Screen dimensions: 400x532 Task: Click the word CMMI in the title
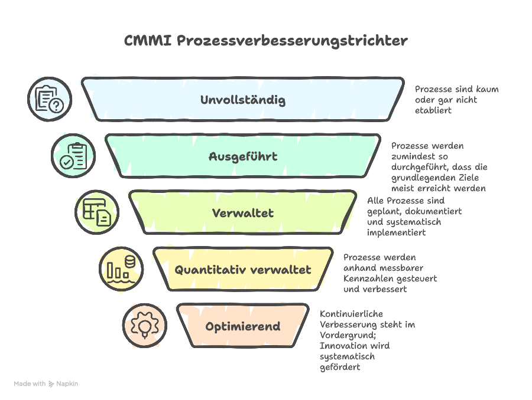(x=148, y=41)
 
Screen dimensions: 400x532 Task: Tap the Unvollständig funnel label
(x=243, y=100)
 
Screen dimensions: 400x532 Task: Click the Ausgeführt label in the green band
(x=243, y=156)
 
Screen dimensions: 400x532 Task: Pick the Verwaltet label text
(x=243, y=213)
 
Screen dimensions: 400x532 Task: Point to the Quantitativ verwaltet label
(x=243, y=270)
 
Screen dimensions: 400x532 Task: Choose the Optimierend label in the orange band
(x=243, y=326)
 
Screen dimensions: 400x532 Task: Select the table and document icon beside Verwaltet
(x=97, y=212)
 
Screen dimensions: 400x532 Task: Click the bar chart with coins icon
(x=121, y=268)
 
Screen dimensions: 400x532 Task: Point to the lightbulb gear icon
(x=144, y=325)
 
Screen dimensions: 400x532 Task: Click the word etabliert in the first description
(x=433, y=110)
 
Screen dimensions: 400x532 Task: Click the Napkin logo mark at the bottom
(x=51, y=384)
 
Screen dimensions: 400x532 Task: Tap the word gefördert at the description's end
(x=340, y=367)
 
